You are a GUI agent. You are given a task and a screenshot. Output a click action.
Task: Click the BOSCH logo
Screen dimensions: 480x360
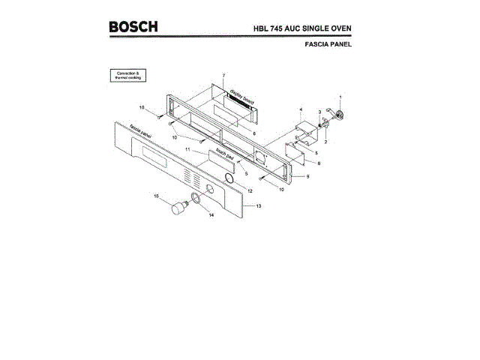pos(133,27)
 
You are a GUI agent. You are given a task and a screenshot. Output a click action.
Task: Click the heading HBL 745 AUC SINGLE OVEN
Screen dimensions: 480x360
pos(302,28)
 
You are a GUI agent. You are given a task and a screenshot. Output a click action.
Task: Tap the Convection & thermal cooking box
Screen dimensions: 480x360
pos(127,76)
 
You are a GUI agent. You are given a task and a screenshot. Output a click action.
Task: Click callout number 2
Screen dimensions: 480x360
pos(325,141)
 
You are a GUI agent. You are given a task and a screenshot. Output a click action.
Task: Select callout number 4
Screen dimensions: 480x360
pos(301,111)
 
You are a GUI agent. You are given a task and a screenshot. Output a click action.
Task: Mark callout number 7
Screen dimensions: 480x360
pos(223,76)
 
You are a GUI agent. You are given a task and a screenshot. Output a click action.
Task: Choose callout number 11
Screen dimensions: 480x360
pos(187,150)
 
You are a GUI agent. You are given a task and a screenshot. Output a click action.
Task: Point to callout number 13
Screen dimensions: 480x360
pos(259,205)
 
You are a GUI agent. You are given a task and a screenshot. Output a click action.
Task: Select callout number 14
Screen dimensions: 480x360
pos(211,216)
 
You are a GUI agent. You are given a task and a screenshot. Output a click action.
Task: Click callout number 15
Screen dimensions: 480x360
pos(157,196)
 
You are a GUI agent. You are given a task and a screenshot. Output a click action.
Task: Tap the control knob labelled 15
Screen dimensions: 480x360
pos(178,209)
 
